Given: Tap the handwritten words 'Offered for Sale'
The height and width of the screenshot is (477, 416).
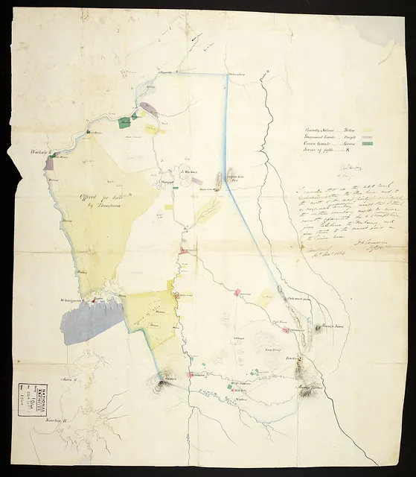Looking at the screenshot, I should (97, 198).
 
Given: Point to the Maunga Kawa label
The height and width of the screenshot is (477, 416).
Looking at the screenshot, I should (321, 326).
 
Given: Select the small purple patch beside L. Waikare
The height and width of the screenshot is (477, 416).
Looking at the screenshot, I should (197, 179).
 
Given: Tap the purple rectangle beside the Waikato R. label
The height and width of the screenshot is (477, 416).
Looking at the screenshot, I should (49, 163).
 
